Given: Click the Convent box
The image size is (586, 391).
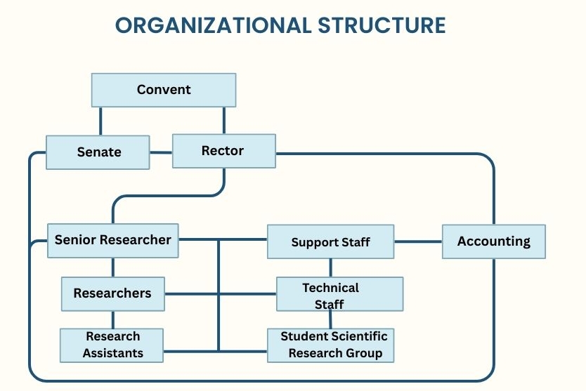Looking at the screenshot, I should tap(164, 90).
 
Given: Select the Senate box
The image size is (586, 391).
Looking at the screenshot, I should tap(98, 152).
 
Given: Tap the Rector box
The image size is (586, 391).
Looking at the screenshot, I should tap(223, 151).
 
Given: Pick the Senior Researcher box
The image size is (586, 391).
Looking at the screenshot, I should tap(112, 240).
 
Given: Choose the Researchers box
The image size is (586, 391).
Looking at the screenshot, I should tap(112, 293).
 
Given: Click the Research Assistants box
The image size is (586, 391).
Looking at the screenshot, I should tap(112, 345).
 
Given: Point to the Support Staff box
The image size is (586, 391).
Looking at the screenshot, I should tap(330, 242).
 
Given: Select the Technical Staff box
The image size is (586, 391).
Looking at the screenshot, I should tap(339, 294).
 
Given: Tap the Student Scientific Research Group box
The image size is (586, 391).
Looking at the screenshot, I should tap(330, 345).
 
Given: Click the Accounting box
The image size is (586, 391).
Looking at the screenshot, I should tap(493, 241).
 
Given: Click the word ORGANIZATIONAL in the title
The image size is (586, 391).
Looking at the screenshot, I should tap(213, 25).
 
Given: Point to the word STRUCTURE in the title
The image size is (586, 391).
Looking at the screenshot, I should tap(382, 25).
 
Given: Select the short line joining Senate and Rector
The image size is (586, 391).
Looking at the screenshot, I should tap(161, 152).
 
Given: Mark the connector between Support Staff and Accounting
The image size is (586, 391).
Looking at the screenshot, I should tap(417, 241).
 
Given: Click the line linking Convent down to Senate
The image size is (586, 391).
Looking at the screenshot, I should tap(100, 121).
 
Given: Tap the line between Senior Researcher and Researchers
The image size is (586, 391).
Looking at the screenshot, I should tap(112, 267).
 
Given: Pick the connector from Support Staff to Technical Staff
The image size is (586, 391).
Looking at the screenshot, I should tap(331, 267).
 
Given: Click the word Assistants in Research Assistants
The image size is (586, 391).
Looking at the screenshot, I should tap(112, 353).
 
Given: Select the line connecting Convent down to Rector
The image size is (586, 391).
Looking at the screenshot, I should tap(224, 120).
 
